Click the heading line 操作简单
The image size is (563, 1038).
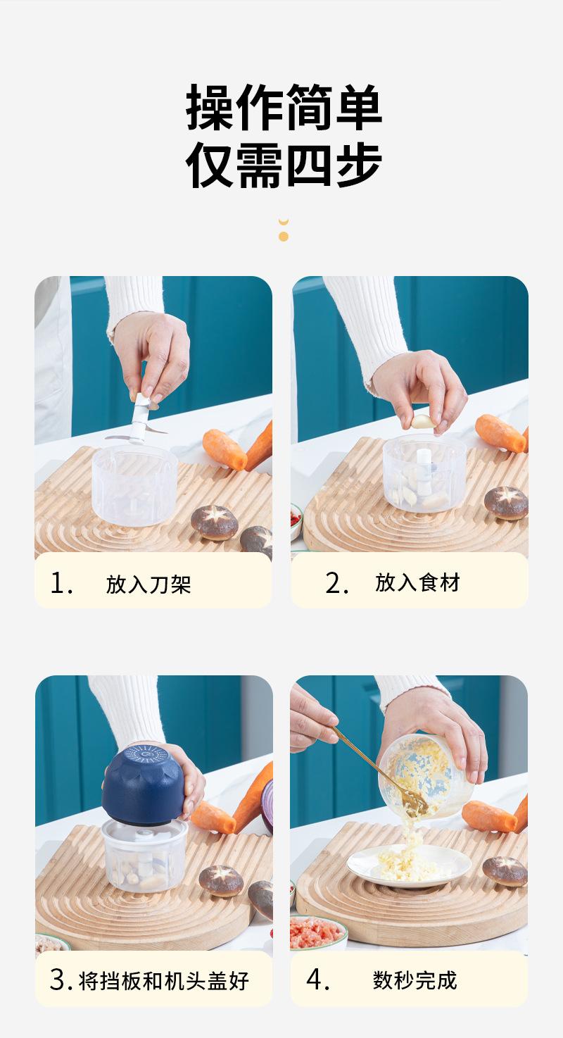(284, 108)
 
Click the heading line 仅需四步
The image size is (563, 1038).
(284, 165)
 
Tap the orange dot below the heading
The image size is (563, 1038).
(284, 237)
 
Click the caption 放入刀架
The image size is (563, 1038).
(148, 584)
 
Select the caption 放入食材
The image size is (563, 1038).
(417, 582)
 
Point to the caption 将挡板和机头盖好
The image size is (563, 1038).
(164, 980)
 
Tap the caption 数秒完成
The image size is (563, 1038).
(415, 980)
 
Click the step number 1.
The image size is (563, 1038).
(61, 583)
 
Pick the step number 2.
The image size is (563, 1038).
(336, 583)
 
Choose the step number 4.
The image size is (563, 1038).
(317, 980)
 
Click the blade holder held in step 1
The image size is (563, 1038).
(137, 420)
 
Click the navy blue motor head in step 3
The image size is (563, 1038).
(143, 786)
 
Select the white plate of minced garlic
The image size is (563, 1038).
(409, 865)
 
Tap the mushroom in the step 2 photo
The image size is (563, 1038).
(506, 502)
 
